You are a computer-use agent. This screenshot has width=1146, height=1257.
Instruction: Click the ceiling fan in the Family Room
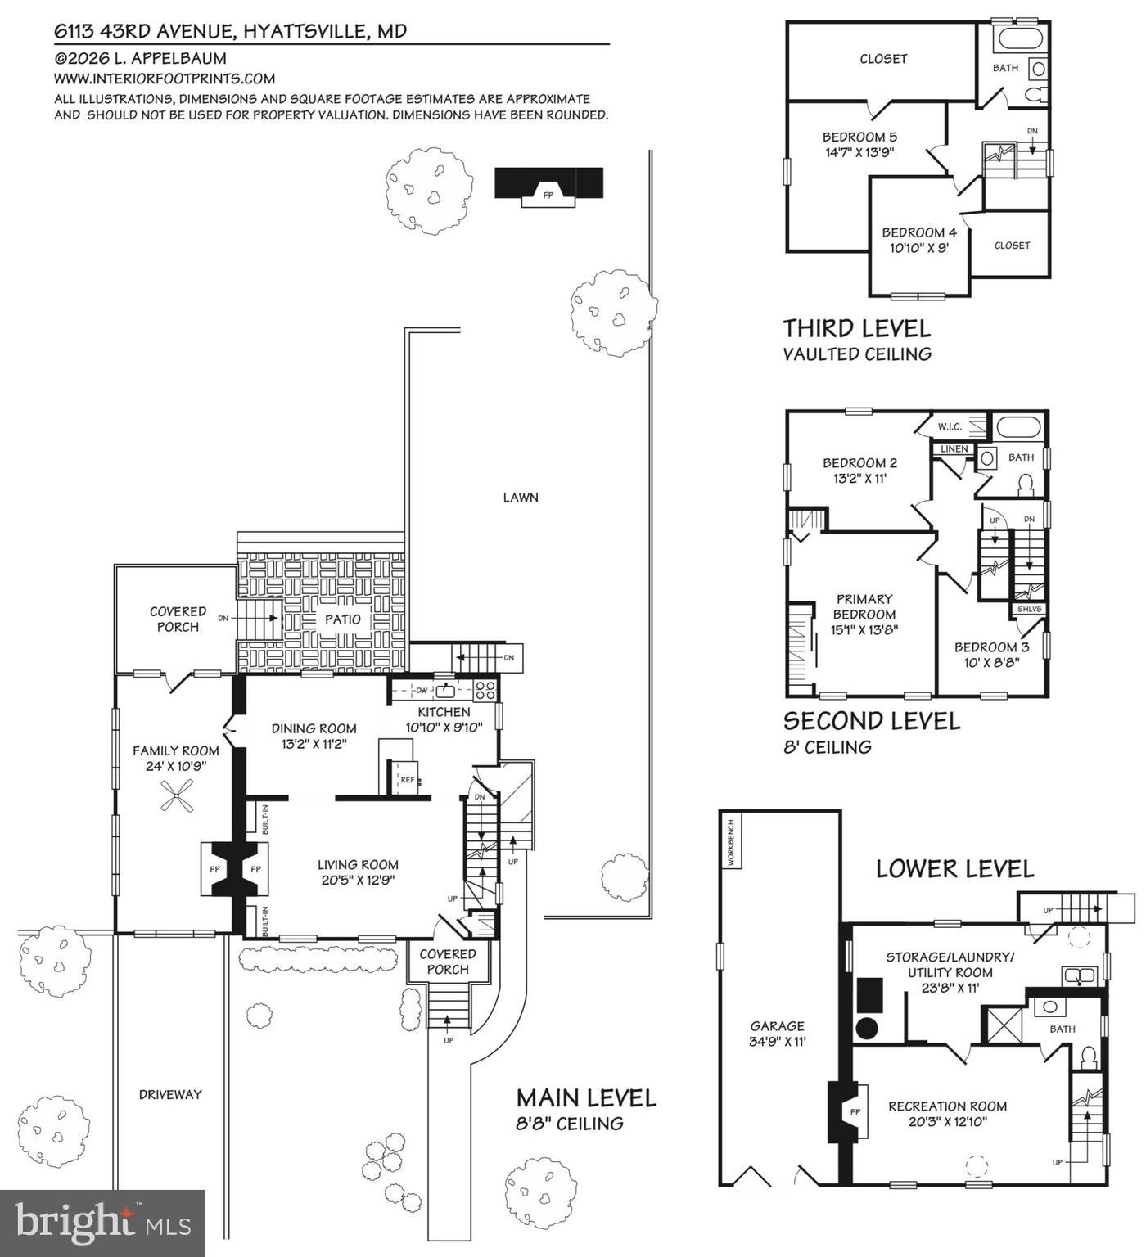point(177,795)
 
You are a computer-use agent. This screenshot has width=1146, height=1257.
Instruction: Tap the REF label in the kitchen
point(408,780)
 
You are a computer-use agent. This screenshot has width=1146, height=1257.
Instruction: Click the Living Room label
point(358,864)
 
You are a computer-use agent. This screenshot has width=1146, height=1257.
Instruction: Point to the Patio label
point(343,619)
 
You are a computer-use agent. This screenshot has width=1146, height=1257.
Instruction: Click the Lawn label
point(521,498)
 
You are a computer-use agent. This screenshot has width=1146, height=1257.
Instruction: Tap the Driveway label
point(170,1094)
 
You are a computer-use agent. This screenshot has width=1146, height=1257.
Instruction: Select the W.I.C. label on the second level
point(950,426)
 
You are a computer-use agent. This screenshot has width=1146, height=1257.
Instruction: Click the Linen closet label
point(954,449)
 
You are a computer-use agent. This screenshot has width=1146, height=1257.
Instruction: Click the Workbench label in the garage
point(730,840)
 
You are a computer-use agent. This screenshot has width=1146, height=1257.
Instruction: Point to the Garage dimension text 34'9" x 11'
point(778,1042)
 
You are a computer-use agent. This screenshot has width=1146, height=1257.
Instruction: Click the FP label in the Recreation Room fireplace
point(855,1112)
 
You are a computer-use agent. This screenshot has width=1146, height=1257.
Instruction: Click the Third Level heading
point(857,328)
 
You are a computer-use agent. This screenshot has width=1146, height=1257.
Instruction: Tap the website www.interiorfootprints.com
point(165,79)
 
